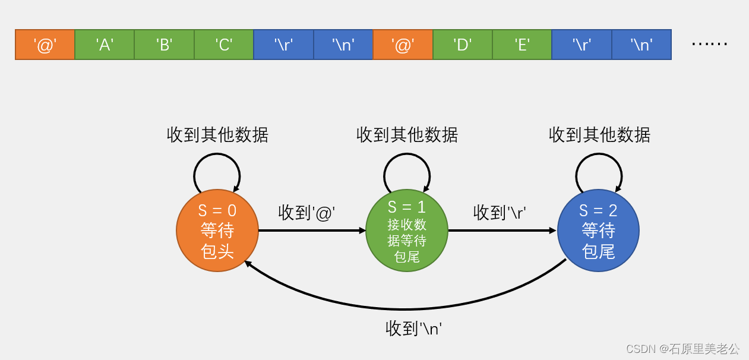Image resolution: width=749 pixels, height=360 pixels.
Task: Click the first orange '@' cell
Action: click(45, 45)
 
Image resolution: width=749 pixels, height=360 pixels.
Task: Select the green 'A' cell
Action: click(105, 45)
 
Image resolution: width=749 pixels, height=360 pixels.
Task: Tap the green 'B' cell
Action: click(164, 45)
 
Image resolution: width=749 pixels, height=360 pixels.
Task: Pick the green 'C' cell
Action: click(224, 45)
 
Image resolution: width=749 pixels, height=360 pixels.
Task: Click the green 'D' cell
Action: click(462, 45)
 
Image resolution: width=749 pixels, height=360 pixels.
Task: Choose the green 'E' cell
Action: click(522, 45)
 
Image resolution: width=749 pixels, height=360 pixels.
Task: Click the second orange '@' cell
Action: click(403, 45)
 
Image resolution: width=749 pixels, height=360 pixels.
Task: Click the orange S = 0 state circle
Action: click(217, 230)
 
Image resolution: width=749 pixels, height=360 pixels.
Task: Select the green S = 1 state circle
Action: click(407, 230)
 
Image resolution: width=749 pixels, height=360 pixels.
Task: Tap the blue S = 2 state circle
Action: click(598, 230)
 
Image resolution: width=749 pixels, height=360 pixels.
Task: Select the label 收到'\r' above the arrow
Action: click(500, 213)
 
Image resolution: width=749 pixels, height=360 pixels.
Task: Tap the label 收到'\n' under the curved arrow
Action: click(414, 328)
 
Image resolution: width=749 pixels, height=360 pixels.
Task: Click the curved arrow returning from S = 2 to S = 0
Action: click(404, 309)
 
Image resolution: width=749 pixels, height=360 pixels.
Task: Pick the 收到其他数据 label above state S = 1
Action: click(407, 135)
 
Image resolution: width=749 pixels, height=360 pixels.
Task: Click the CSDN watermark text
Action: click(682, 349)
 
